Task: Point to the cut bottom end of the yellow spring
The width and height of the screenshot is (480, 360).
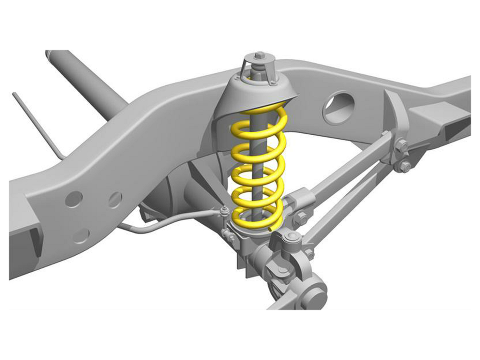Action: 272,228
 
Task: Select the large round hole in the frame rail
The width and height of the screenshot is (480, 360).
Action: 338,107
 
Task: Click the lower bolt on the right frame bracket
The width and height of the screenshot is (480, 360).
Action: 405,166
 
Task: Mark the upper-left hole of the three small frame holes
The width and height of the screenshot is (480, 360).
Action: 74,199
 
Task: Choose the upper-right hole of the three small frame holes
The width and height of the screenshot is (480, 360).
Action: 115,200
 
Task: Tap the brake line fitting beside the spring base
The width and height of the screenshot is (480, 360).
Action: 224,211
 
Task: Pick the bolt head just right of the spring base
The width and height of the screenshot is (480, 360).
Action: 301,218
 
